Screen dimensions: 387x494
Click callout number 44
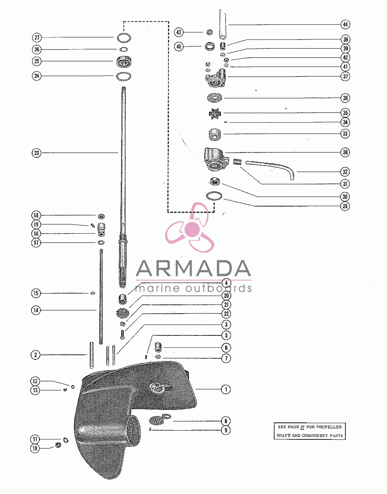[x=345, y=24]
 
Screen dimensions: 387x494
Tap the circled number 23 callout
[x=36, y=153]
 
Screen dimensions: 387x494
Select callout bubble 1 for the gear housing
[x=226, y=390]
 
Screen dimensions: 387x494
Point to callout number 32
[x=345, y=172]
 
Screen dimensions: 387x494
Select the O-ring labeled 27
[x=124, y=38]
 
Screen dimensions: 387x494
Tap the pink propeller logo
[x=190, y=228]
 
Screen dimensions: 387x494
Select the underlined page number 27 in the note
[x=302, y=427]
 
